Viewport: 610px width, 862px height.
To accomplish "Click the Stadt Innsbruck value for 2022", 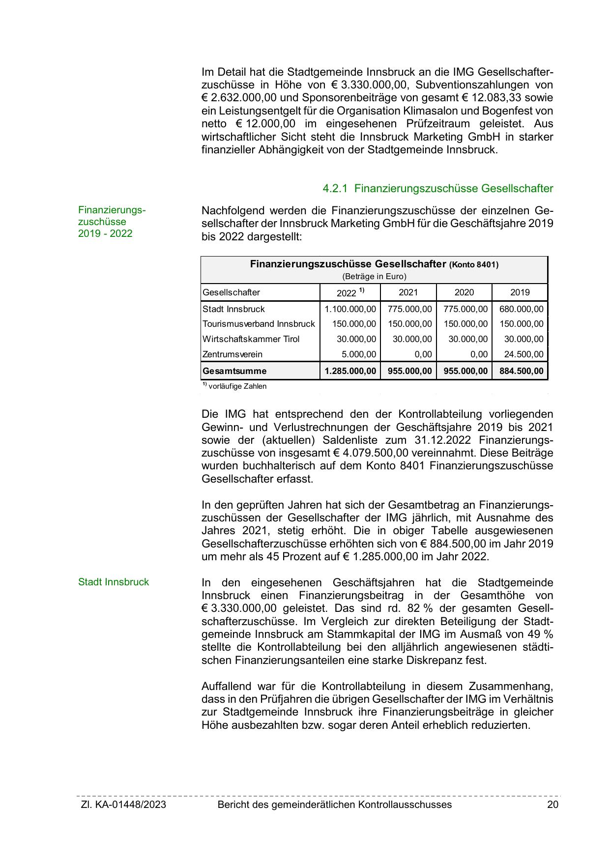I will coord(350,309).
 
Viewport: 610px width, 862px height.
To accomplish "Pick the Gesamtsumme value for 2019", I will coord(522,371).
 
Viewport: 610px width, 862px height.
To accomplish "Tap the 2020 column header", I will coord(464,292).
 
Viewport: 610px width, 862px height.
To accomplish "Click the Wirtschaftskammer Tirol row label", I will coord(251,339).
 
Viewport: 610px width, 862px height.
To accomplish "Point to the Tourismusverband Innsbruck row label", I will coord(259,324).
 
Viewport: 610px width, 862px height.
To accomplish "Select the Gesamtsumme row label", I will coord(234,371).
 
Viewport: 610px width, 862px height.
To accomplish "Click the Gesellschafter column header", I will coord(231,292).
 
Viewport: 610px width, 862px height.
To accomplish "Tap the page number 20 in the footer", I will coord(552,805).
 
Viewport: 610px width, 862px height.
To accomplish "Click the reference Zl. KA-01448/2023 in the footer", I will coord(123,805).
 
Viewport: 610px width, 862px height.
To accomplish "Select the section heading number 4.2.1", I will coord(335,188).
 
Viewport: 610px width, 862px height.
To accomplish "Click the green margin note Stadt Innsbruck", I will coord(114,582).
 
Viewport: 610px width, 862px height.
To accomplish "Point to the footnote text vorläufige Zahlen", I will coord(237,386).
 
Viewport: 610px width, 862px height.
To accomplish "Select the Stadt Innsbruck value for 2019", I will coord(522,309).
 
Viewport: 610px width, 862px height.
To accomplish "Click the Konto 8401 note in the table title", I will coord(474,265).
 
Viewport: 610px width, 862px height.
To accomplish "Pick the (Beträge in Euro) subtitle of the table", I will coord(374,276).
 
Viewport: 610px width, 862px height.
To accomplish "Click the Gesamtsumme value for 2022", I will coord(350,371).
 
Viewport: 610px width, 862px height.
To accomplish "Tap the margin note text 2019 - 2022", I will coord(105,233).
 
